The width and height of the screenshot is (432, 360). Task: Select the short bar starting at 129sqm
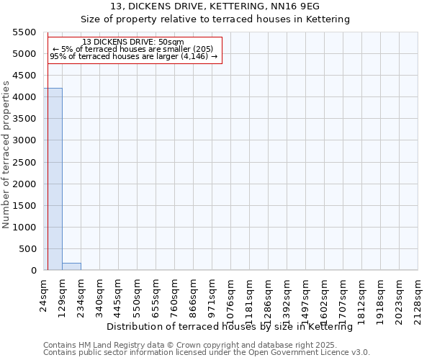tap(71, 266)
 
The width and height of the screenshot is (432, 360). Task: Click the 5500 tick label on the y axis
tap(24, 32)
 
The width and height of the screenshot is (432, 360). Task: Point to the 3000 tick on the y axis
tap(24, 140)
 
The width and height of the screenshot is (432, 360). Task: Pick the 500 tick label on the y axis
tap(27, 249)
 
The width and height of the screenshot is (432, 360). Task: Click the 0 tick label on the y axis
tap(34, 271)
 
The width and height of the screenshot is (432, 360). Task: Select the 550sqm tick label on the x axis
tap(138, 294)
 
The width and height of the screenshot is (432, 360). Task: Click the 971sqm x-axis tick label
tap(212, 294)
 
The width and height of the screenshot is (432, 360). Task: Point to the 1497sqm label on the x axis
tap(306, 296)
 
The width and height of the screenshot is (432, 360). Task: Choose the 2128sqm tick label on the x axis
tap(418, 296)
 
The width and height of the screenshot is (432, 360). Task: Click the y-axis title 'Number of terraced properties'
tap(6, 155)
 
